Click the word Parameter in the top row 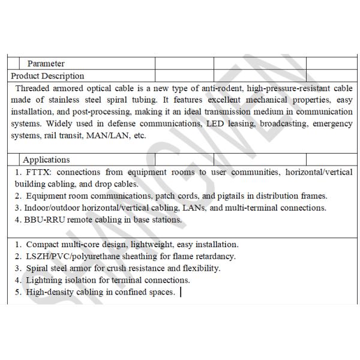(x=46, y=64)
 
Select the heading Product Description (x=47, y=76)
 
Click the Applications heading (x=46, y=160)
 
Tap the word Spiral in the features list (x=37, y=268)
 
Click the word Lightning (x=46, y=280)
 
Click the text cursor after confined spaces (x=181, y=292)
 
